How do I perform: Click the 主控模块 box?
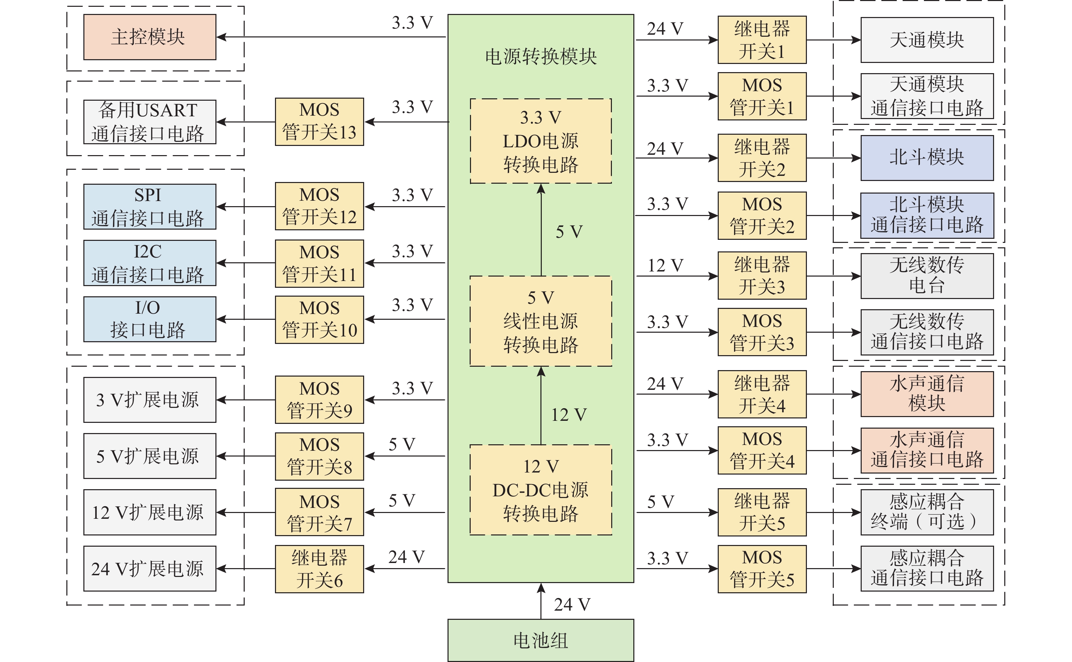(149, 37)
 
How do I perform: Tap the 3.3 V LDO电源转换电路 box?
(540, 140)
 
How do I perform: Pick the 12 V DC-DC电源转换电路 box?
(540, 490)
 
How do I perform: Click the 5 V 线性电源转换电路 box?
(540, 321)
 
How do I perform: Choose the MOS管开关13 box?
(319, 121)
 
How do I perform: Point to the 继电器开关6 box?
(319, 568)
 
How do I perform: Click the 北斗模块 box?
(927, 158)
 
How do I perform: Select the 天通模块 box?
(927, 40)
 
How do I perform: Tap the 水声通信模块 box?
(927, 394)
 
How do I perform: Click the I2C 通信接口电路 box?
(149, 263)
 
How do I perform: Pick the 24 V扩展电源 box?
(149, 568)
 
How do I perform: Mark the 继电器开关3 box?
(762, 276)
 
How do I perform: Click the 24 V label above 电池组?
(571, 605)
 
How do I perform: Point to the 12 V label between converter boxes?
(568, 415)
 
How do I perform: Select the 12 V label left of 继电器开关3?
(665, 265)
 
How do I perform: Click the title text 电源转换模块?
(540, 57)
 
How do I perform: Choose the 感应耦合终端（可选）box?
(927, 512)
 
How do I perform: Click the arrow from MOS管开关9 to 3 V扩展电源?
(246, 400)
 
